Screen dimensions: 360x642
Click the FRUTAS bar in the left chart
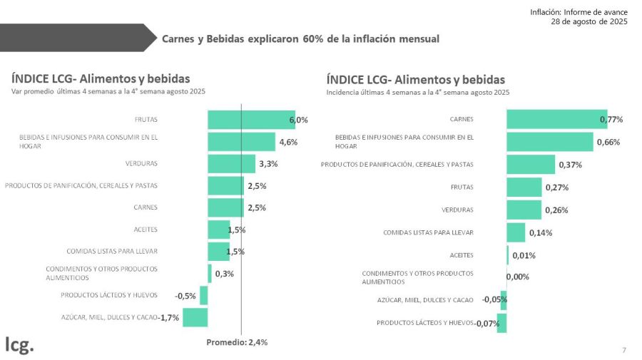tap(250, 120)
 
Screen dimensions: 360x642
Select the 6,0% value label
tap(298, 120)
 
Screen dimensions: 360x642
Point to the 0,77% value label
tap(611, 119)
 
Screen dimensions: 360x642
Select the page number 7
tap(624, 350)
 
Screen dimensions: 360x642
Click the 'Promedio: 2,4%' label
tap(237, 342)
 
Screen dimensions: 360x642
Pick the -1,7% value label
tap(168, 317)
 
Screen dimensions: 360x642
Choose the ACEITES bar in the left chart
tap(218, 230)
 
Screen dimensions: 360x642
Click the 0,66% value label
tap(607, 142)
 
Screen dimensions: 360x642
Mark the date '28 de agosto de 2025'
tap(589, 22)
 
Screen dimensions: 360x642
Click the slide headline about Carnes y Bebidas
tap(300, 38)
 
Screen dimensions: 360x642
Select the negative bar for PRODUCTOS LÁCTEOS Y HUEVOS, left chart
tap(203, 295)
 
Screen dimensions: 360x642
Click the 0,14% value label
tap(540, 232)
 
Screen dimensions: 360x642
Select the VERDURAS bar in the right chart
tap(524, 210)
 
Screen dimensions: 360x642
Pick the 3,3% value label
tap(268, 164)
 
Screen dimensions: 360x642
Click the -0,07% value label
tap(488, 323)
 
